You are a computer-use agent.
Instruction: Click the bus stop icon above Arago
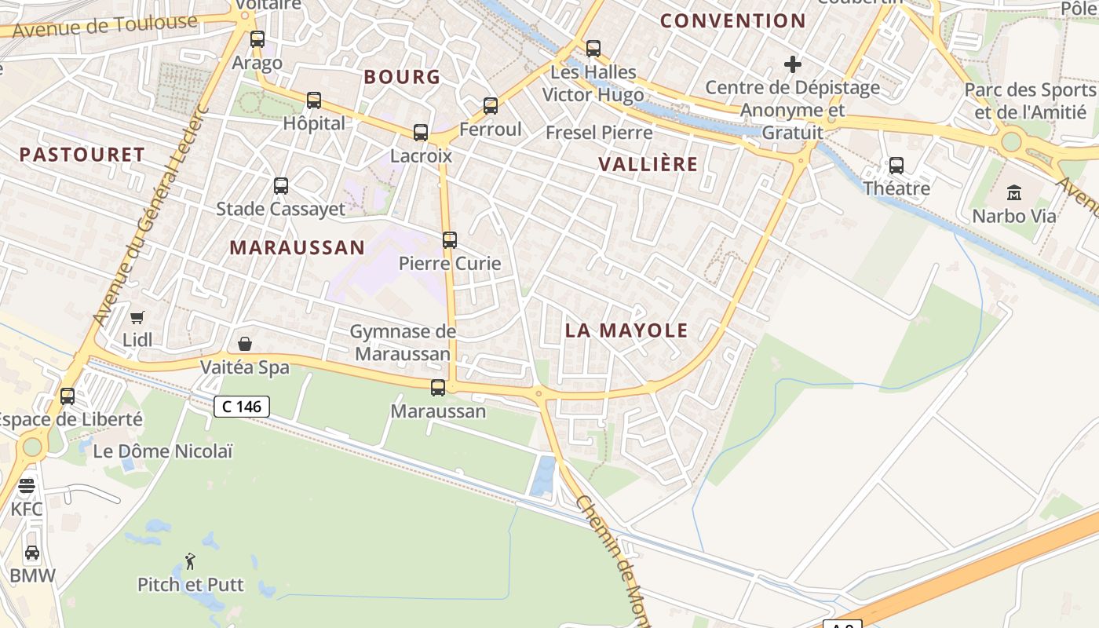click(x=257, y=38)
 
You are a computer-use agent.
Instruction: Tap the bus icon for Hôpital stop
click(x=314, y=100)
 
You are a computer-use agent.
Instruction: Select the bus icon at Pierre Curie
click(x=450, y=240)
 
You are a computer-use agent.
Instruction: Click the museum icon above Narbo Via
click(x=1014, y=192)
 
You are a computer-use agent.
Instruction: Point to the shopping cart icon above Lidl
click(x=137, y=317)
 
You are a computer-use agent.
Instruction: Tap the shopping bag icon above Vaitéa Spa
click(x=245, y=344)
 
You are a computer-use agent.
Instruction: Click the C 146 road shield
click(x=242, y=407)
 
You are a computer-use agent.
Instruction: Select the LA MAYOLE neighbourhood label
click(x=626, y=330)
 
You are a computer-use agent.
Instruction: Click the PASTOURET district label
click(x=82, y=155)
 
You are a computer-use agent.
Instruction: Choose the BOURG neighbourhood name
click(x=402, y=77)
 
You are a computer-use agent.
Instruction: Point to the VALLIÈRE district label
click(x=648, y=164)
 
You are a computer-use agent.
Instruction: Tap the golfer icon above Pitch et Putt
click(x=190, y=561)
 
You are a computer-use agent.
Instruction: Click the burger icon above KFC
click(x=27, y=487)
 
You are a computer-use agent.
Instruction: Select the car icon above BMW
click(x=32, y=553)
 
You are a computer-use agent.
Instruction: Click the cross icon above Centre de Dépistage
click(x=793, y=64)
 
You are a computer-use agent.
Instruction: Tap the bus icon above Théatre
click(x=896, y=166)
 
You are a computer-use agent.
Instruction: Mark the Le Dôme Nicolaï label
click(x=162, y=451)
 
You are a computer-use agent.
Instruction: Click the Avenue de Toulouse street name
click(x=105, y=26)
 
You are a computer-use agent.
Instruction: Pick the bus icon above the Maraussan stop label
click(x=438, y=388)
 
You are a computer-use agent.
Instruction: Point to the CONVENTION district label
click(x=732, y=21)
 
